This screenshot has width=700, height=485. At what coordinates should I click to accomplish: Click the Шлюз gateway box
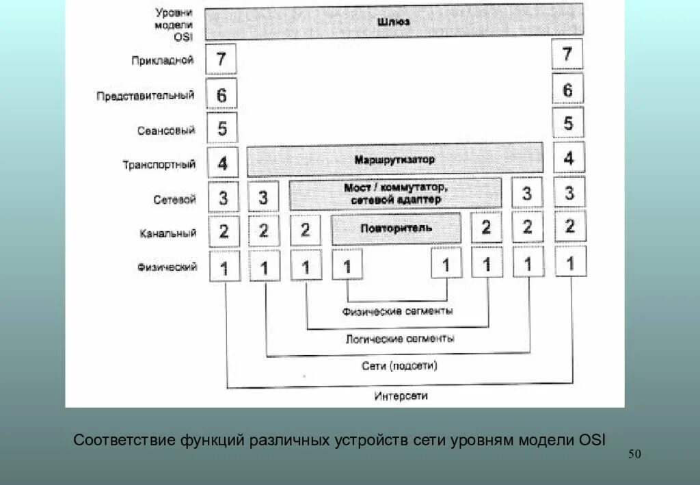click(x=393, y=21)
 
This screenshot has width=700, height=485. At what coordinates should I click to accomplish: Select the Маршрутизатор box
click(x=394, y=159)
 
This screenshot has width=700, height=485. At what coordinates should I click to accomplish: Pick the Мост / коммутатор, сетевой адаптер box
click(x=396, y=194)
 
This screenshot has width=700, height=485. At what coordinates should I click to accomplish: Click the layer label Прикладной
click(x=163, y=60)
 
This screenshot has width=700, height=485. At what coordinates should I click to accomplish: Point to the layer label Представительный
click(x=145, y=96)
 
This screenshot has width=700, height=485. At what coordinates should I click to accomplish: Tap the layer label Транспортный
click(x=159, y=165)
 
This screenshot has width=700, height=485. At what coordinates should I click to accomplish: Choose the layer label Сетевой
click(x=175, y=199)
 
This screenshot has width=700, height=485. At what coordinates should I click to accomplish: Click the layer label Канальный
click(x=168, y=233)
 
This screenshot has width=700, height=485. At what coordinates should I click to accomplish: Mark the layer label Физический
click(x=167, y=267)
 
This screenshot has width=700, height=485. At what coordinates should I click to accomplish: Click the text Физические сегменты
click(x=397, y=311)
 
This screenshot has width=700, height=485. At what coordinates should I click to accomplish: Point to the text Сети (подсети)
click(x=399, y=366)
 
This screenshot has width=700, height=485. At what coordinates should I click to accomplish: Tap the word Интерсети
click(x=401, y=396)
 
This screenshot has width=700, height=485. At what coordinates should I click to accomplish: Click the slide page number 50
click(x=634, y=455)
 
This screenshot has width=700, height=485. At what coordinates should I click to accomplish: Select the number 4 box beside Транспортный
click(x=223, y=163)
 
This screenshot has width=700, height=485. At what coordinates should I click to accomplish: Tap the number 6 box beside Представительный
click(x=221, y=94)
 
